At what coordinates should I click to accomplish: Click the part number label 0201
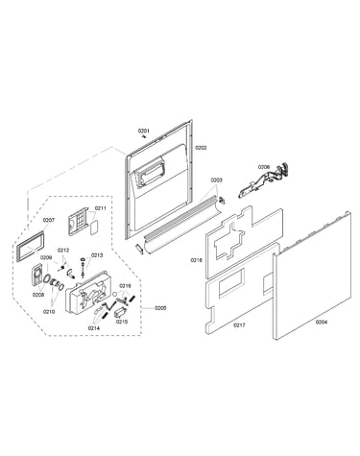click(x=144, y=131)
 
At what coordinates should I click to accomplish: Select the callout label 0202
click(x=201, y=148)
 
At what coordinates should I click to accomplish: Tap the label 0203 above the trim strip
click(x=216, y=180)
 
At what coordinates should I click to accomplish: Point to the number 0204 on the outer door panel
click(x=322, y=323)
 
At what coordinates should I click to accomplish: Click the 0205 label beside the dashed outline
click(x=160, y=308)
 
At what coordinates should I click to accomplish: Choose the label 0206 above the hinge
click(x=264, y=167)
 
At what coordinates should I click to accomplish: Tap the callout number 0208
click(x=38, y=295)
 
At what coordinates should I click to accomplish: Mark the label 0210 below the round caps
click(x=49, y=311)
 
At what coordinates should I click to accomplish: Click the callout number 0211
click(x=100, y=208)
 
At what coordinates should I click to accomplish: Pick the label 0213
click(x=97, y=255)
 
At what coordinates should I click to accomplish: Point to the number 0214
click(x=94, y=328)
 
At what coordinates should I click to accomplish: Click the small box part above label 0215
click(x=120, y=312)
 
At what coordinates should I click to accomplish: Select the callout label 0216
click(x=125, y=286)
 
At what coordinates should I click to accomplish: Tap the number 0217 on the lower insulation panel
click(x=239, y=325)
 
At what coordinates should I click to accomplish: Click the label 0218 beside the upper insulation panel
click(x=196, y=260)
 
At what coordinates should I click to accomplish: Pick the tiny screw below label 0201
click(x=144, y=136)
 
